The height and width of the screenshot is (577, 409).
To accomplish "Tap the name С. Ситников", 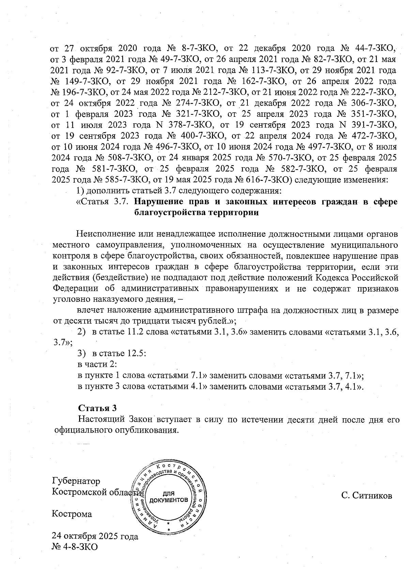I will (x=367, y=495).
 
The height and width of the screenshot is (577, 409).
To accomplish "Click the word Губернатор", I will (x=76, y=481).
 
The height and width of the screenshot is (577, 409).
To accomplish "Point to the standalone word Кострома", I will (x=72, y=514).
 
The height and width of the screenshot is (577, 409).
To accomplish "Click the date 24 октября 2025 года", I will (x=95, y=536).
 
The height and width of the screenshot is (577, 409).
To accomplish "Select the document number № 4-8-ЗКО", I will (x=74, y=547).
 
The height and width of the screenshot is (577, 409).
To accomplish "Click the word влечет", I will (x=89, y=310).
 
